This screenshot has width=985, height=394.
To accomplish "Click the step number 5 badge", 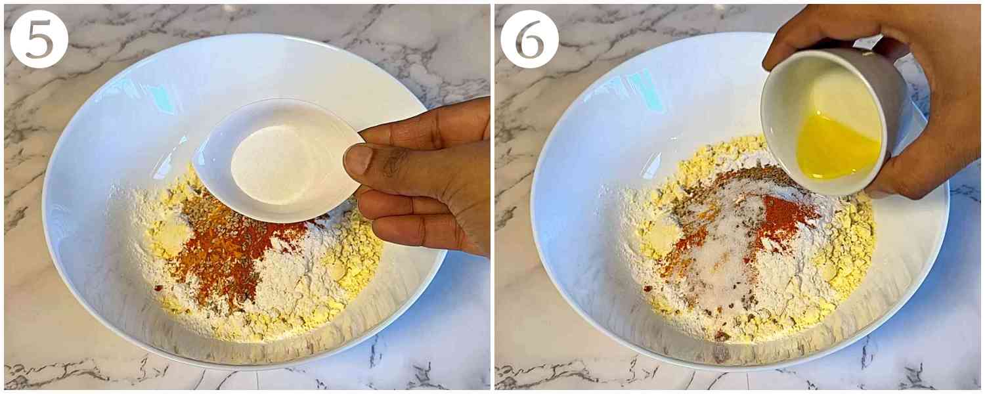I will point(39,39).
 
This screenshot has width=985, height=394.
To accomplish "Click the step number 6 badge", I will point(529,39).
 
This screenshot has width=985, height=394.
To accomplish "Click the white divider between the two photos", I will point(492,197).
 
